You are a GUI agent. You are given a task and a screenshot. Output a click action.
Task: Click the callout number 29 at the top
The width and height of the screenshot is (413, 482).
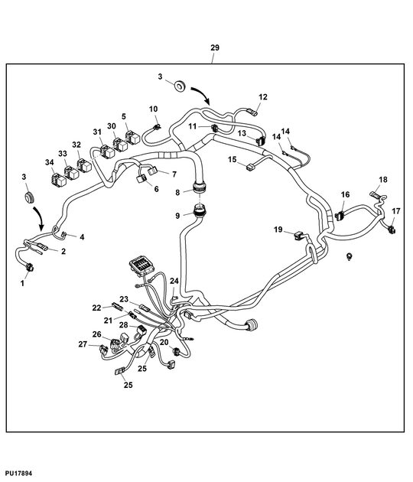coord(214,48)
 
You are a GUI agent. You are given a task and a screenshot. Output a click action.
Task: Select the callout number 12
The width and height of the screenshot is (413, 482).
coord(262,97)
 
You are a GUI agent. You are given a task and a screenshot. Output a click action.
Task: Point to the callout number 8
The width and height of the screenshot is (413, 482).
coord(177,193)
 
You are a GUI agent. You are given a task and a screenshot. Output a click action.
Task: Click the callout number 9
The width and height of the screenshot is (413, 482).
coord(177,216)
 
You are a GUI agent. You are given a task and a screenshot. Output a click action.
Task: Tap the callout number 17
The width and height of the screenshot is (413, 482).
coord(395,210)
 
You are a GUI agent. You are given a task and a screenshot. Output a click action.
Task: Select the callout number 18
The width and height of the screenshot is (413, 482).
coord(383,180)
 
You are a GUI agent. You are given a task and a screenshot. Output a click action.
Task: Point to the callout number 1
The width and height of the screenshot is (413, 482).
coord(22,283)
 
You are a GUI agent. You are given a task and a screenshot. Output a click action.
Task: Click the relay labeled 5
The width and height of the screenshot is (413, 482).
coord(132,138)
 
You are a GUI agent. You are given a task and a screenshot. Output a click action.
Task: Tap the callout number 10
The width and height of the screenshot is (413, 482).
coord(153,109)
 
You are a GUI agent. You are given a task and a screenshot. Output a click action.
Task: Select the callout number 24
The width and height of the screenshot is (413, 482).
coord(174,282)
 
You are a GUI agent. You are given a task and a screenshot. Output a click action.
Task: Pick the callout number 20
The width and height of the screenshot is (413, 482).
coord(164,342)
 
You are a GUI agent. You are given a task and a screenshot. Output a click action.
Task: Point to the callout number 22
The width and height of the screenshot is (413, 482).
coord(97,308)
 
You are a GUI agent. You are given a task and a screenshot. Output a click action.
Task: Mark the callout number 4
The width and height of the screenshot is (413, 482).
coord(82,237)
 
